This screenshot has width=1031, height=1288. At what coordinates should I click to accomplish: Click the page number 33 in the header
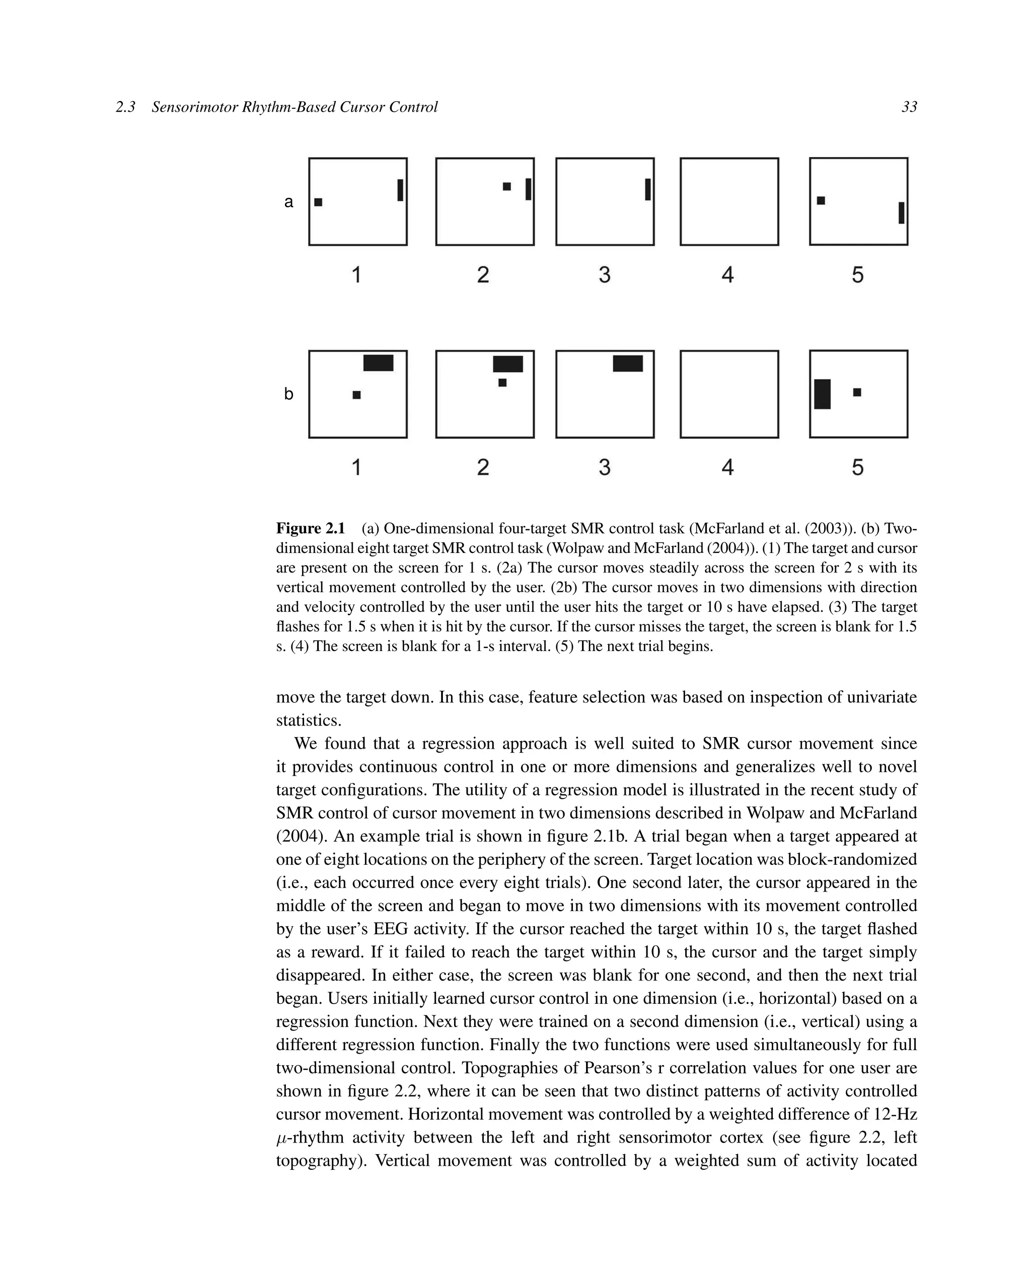point(909,107)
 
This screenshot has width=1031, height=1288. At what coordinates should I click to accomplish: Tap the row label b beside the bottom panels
point(288,394)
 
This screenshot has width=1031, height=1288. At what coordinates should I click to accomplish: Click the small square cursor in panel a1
point(318,202)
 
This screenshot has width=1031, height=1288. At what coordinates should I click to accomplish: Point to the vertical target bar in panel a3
point(647,189)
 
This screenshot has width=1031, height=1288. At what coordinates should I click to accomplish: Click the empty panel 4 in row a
point(728,201)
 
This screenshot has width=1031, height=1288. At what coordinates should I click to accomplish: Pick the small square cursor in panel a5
point(821,201)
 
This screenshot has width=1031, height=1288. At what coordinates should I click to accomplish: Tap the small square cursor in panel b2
point(502,382)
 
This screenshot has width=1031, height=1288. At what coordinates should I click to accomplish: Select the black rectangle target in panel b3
point(628,363)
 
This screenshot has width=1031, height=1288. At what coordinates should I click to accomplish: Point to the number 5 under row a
point(857,275)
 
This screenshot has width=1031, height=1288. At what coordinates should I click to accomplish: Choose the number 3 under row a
point(604,275)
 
